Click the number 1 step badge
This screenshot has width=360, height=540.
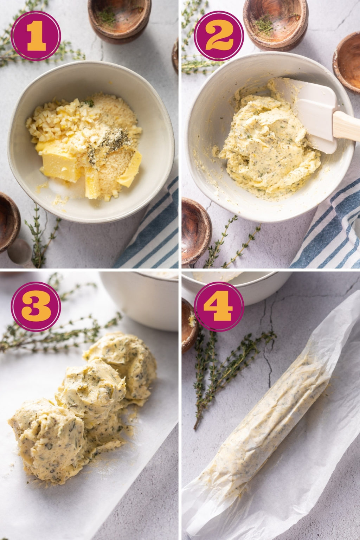[x=36, y=36]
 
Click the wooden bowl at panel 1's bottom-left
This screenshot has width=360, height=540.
[x=8, y=221]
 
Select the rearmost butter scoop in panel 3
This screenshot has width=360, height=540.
[x=123, y=359]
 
